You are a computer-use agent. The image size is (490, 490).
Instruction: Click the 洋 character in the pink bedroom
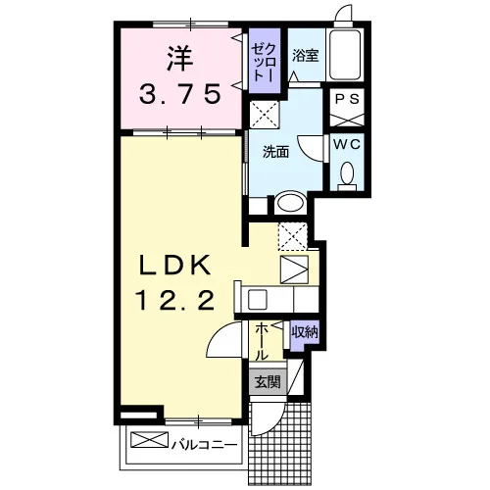pos(179,59)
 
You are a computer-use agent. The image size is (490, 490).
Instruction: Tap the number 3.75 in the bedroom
pos(180,93)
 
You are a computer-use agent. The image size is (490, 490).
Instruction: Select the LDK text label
pos(174,265)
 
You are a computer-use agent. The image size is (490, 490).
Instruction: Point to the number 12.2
pos(175,301)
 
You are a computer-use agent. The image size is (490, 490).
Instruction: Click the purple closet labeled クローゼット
pos(265,61)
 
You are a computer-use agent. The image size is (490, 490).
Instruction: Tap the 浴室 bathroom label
pos(306,55)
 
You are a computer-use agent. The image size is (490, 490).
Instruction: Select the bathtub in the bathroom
pos(345,55)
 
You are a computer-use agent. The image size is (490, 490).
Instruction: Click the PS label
pos(347,99)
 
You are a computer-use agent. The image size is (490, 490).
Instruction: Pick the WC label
pos(347,144)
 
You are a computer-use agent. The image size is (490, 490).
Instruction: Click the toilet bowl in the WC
pos(347,172)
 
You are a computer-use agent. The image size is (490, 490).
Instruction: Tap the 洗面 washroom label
pos(276,152)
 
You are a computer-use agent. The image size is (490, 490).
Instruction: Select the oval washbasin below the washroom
pos(290,204)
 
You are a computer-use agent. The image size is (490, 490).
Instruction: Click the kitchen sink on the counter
pos(258,300)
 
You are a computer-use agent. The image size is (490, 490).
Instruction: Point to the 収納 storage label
pos(305,332)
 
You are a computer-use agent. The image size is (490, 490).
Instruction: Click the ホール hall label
pos(262,341)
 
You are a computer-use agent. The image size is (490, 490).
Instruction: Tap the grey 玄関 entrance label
pos(268,381)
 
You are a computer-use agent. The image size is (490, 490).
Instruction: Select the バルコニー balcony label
pos(204,445)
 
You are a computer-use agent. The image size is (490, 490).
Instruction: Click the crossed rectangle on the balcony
pos(149,440)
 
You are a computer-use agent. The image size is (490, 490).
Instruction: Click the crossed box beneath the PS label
pos(347,120)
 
